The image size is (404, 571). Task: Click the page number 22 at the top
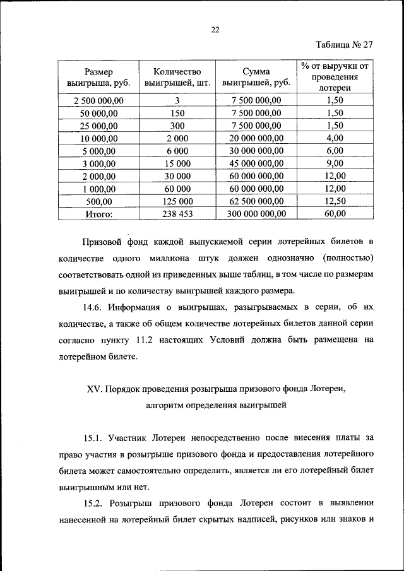point(214,30)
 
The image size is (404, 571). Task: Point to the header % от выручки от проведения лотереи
point(334,76)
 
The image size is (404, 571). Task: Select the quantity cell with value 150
point(177,113)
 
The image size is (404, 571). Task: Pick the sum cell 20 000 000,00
point(256,138)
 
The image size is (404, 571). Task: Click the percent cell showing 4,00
point(335,138)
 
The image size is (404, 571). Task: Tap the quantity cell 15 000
point(177,163)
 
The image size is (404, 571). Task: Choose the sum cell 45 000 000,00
point(256,163)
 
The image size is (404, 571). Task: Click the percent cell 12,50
point(335,201)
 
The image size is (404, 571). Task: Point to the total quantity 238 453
point(177,214)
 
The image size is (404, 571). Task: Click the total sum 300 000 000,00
point(256,214)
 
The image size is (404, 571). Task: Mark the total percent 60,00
point(335,214)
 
